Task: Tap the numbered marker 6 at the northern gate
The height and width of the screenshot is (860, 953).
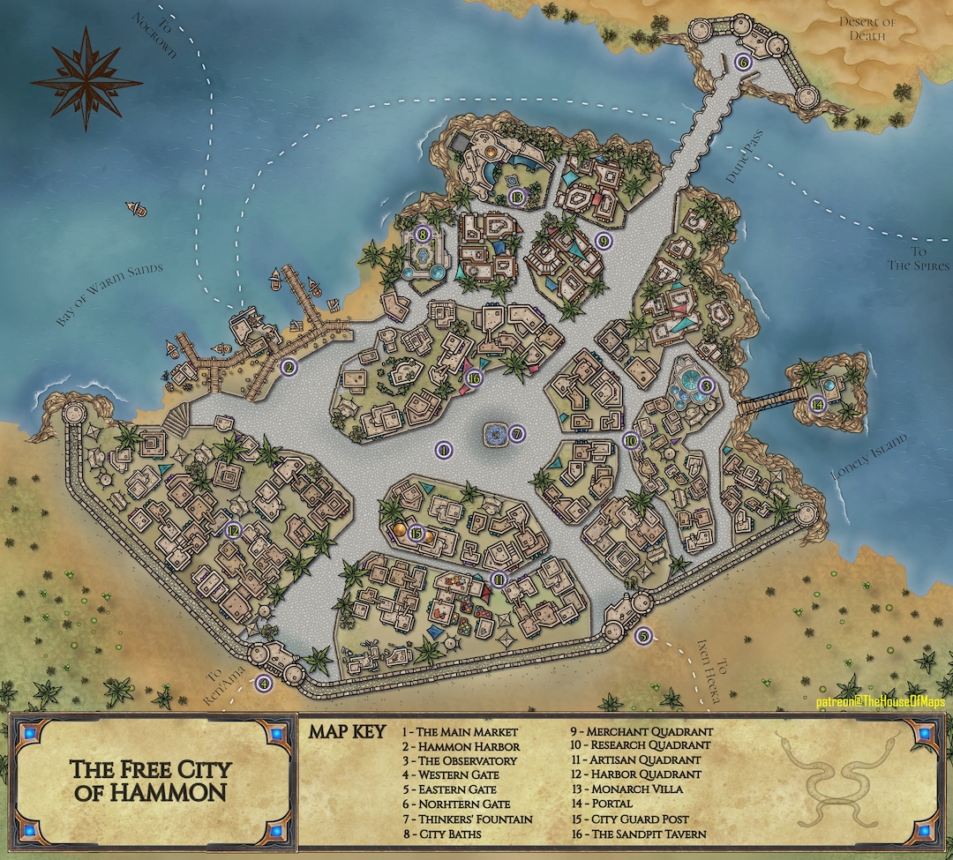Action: click(x=742, y=62)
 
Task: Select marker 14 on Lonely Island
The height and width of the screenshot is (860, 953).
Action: click(x=818, y=404)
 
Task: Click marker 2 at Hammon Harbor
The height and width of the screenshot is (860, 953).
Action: click(x=287, y=367)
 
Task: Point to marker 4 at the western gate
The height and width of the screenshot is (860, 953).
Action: click(x=263, y=682)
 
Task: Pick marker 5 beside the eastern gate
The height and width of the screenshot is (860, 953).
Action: click(x=643, y=635)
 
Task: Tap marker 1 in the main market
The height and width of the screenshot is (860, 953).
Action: click(x=444, y=450)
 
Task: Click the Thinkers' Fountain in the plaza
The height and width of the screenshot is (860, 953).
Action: click(x=496, y=433)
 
